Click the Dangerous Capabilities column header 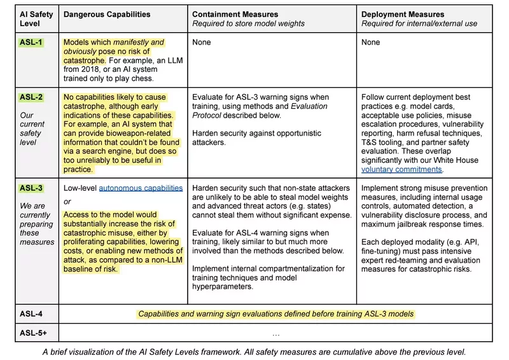click(x=108, y=13)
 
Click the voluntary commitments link click(x=401, y=170)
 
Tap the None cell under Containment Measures click(x=203, y=43)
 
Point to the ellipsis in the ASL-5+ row click(x=275, y=333)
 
